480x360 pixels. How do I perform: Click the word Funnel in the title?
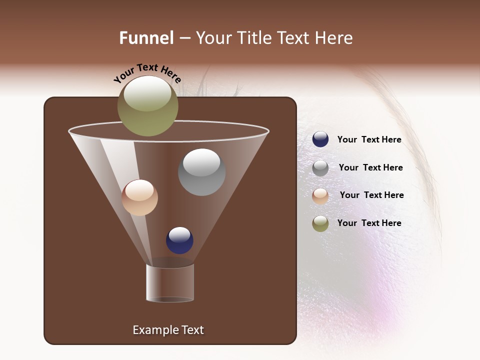(146, 38)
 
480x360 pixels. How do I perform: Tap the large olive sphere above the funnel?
(147, 106)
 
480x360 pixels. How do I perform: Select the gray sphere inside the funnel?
(201, 172)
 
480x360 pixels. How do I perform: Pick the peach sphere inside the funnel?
(139, 197)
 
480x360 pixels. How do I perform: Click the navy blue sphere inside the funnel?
(179, 240)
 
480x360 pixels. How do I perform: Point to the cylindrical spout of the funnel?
(170, 283)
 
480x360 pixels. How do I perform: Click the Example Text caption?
(168, 330)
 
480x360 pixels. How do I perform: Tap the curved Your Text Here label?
(147, 73)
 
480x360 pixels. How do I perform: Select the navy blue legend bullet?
(320, 139)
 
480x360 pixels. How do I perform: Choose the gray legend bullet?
(320, 167)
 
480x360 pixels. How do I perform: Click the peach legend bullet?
(320, 195)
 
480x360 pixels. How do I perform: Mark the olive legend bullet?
(320, 223)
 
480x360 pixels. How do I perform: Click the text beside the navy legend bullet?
(369, 140)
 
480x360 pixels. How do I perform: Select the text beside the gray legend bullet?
(370, 167)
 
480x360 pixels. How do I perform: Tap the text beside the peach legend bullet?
(371, 195)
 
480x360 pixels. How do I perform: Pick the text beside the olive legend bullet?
(369, 223)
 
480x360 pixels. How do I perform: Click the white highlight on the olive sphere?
(147, 93)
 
